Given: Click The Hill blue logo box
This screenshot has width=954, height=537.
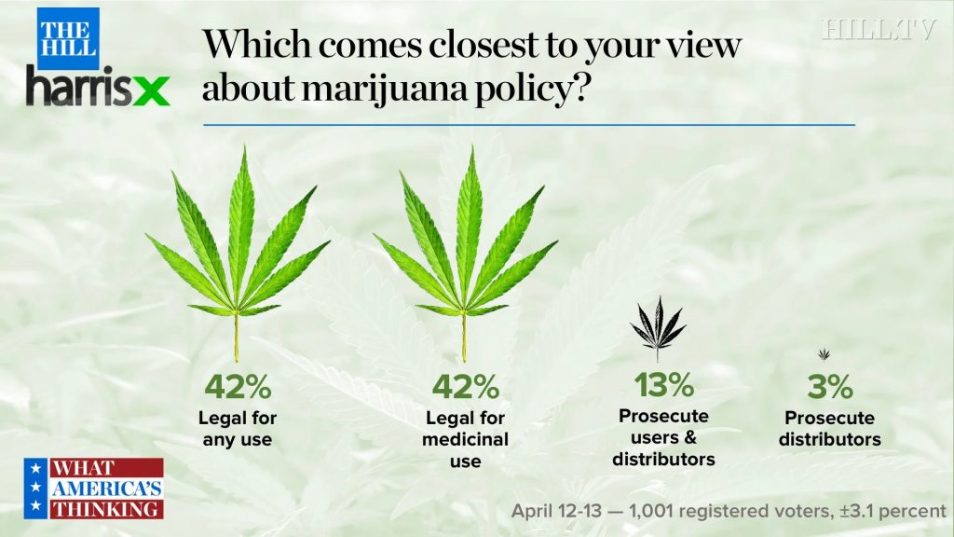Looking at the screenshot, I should (68, 38).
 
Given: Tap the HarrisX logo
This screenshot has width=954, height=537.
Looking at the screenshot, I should (98, 89).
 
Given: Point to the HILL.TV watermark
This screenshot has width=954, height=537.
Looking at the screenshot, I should (878, 29).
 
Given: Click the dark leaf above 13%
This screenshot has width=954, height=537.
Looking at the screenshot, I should (658, 327).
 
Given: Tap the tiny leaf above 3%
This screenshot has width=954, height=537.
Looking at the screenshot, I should (824, 354).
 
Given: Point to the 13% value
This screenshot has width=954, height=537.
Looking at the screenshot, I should (663, 384).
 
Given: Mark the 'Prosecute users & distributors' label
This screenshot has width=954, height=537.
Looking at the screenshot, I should (663, 437).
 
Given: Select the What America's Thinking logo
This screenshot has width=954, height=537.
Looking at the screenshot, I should (94, 488).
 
